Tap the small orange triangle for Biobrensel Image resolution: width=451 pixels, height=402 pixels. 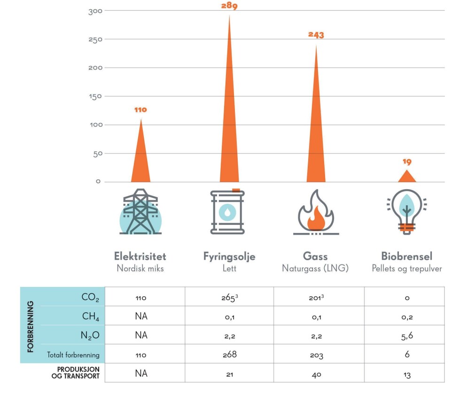click(407, 177)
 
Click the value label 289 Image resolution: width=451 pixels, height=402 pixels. click(229, 7)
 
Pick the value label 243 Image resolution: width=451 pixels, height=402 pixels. click(316, 35)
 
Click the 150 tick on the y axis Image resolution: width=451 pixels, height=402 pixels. click(95, 96)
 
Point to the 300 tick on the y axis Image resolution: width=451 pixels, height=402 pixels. click(95, 11)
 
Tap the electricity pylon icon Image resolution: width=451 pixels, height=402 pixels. click(140, 212)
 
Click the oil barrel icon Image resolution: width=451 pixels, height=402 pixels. click(227, 212)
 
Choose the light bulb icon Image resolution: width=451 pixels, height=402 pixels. click(407, 212)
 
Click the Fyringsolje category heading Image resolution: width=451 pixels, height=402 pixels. click(229, 256)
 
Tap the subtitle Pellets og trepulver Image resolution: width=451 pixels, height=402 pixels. click(407, 269)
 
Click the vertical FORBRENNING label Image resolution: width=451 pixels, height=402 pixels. click(31, 326)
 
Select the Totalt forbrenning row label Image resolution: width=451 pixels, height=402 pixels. click(73, 355)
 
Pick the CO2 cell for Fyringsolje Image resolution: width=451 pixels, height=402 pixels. click(229, 298)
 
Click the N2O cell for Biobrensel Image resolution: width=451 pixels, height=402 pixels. click(407, 335)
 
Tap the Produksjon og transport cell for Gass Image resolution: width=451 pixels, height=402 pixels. click(316, 374)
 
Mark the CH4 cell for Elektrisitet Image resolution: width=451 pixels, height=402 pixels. click(140, 317)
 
